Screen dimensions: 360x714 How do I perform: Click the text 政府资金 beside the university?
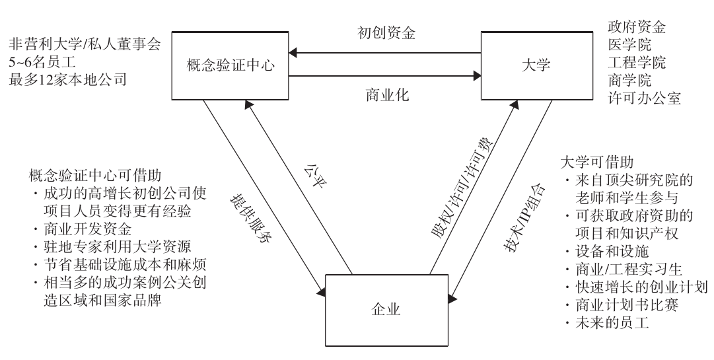[x=636, y=28]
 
